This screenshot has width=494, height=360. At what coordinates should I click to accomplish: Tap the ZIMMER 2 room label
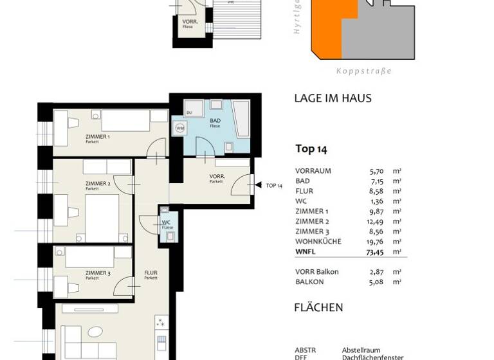click(98, 184)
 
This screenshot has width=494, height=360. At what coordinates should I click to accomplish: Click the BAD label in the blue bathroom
click(215, 121)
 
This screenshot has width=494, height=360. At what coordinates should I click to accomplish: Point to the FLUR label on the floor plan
click(151, 273)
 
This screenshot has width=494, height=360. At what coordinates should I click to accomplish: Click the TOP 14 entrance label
click(274, 186)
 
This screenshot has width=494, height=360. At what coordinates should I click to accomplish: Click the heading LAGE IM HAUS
click(333, 98)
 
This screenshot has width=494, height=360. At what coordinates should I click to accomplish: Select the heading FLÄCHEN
click(318, 307)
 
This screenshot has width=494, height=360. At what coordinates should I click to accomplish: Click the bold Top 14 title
click(311, 149)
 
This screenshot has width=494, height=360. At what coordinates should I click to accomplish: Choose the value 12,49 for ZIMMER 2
click(376, 222)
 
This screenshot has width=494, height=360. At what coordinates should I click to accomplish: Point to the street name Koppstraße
click(363, 71)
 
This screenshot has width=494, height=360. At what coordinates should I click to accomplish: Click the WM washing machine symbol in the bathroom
click(180, 128)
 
